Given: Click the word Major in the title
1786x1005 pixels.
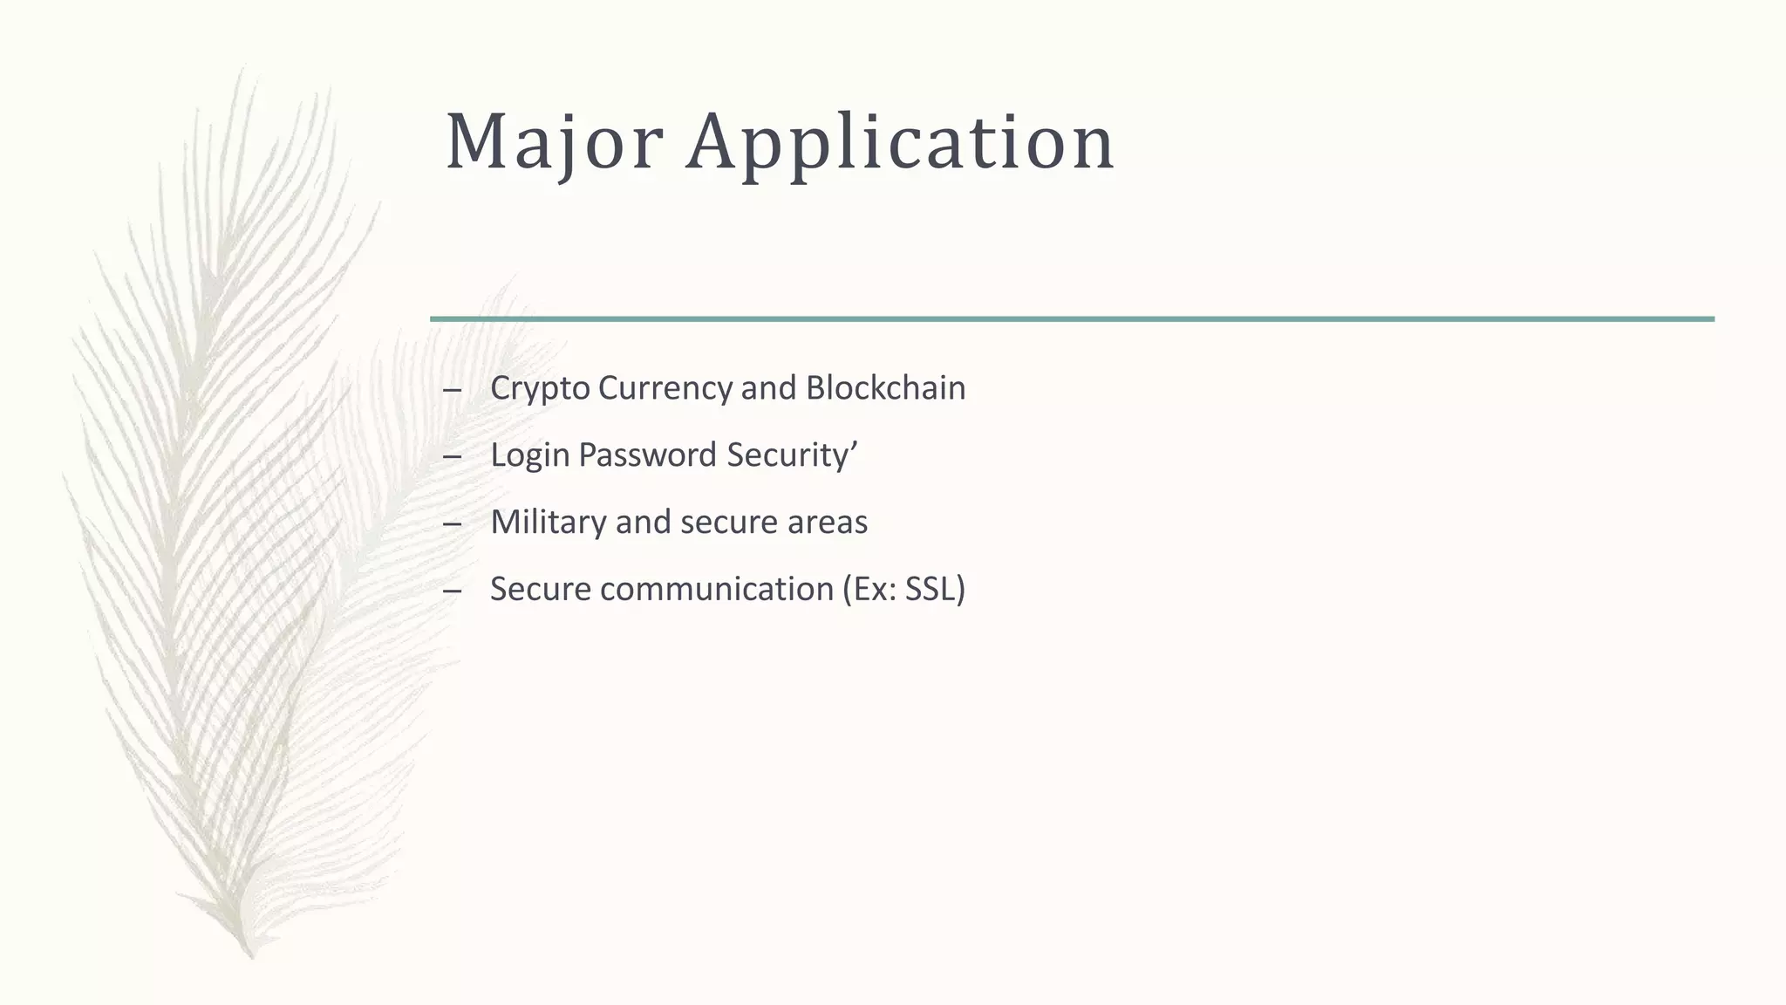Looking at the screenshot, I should (x=554, y=142).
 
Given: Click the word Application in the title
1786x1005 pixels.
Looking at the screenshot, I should (x=900, y=142).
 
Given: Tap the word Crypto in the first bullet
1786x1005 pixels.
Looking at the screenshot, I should (x=540, y=389).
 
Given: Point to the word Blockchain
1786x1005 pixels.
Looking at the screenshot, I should (x=885, y=388).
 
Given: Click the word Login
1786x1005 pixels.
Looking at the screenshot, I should (x=530, y=455).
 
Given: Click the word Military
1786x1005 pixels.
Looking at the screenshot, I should (x=549, y=523).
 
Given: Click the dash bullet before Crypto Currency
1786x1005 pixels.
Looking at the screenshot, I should (x=452, y=390).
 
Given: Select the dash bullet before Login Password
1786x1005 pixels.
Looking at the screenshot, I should (x=452, y=457).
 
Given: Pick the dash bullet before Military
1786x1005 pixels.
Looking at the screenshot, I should (x=452, y=524).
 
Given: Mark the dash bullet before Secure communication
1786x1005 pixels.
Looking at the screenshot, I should (x=452, y=591).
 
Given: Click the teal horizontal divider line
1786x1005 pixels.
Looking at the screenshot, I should (x=1072, y=319).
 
